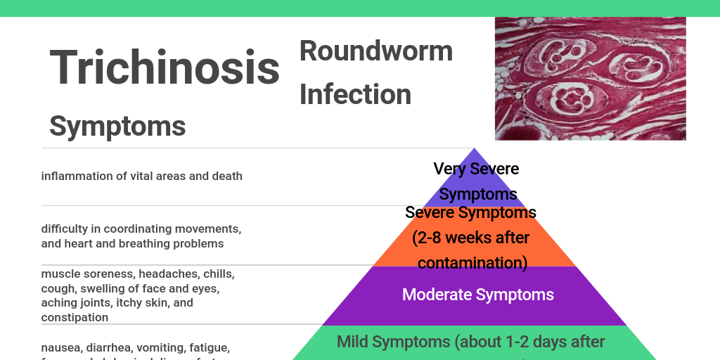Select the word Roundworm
(376, 51)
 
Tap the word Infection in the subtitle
(355, 94)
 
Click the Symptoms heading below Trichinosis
(117, 126)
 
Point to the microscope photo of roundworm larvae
(590, 78)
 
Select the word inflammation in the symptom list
(76, 176)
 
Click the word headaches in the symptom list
(163, 274)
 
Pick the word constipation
(75, 318)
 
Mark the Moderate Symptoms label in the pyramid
(477, 295)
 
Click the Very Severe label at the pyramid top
(476, 169)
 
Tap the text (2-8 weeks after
(471, 238)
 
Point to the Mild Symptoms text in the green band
(392, 342)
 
